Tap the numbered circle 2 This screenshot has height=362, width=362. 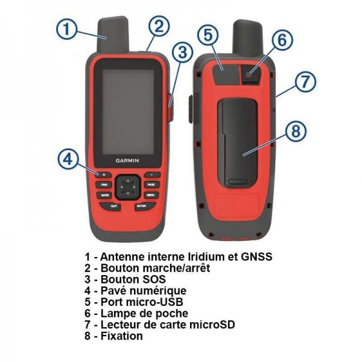pyautogui.click(x=158, y=26)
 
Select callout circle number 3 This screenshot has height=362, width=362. pyautogui.click(x=182, y=53)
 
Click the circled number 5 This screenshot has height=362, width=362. pyautogui.click(x=208, y=36)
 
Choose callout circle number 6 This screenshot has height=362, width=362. pyautogui.click(x=281, y=40)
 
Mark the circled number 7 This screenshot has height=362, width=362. pyautogui.click(x=305, y=80)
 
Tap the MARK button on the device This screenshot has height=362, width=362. pyautogui.click(x=105, y=195)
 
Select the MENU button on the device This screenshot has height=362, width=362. pyautogui.click(x=150, y=195)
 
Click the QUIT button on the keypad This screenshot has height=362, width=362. pyautogui.click(x=113, y=206)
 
